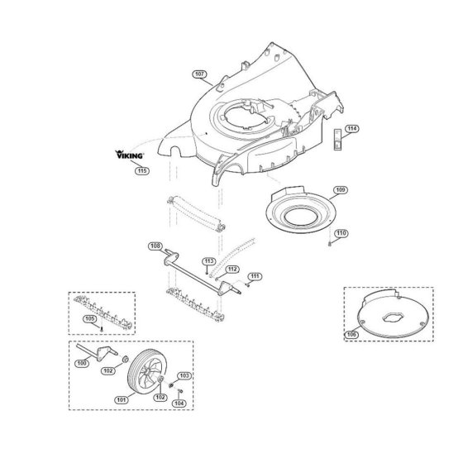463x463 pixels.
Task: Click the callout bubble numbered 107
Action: [199, 74]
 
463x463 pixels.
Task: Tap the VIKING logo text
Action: [129, 155]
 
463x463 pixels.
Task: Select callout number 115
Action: [142, 170]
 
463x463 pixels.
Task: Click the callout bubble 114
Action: [351, 129]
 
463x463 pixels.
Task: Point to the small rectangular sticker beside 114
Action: [337, 140]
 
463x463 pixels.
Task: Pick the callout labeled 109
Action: [340, 190]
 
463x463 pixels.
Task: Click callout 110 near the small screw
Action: [341, 233]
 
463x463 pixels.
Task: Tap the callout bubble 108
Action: [155, 246]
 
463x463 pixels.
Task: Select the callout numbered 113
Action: [208, 261]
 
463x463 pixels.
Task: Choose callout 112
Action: [232, 270]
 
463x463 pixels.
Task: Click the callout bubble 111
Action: [255, 276]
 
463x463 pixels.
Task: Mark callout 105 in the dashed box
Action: [90, 319]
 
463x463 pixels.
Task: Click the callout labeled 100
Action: [82, 363]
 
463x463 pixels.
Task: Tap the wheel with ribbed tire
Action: [147, 372]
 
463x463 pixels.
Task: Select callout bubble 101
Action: [122, 400]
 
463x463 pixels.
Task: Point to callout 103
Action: [184, 376]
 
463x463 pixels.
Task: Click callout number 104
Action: [179, 403]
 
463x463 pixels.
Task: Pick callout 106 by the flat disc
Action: [351, 335]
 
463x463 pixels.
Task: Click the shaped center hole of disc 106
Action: [393, 317]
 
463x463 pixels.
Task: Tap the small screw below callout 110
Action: [330, 244]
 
